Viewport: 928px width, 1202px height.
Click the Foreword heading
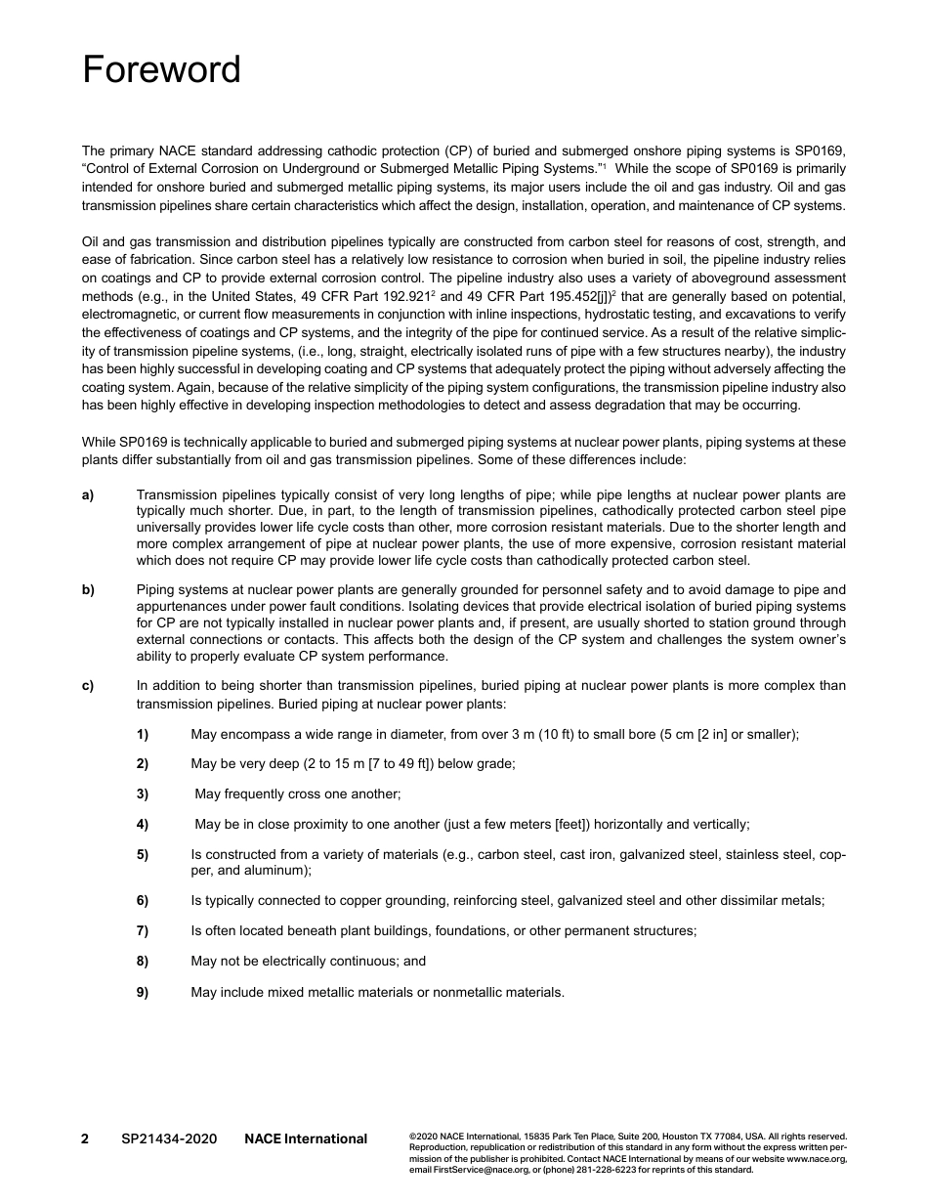pyautogui.click(x=161, y=70)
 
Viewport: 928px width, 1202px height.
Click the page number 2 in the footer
pyautogui.click(x=85, y=1138)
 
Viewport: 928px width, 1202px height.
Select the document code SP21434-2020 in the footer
pyautogui.click(x=169, y=1138)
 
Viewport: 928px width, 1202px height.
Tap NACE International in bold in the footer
pyautogui.click(x=306, y=1138)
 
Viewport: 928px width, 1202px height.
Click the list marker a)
pyautogui.click(x=88, y=495)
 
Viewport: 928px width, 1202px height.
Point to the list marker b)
pyautogui.click(x=88, y=589)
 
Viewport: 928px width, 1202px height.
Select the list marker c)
pyautogui.click(x=88, y=685)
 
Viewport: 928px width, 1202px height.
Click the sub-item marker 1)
pyautogui.click(x=143, y=734)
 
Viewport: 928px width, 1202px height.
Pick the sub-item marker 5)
pyautogui.click(x=143, y=854)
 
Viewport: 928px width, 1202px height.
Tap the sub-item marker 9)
pyautogui.click(x=143, y=992)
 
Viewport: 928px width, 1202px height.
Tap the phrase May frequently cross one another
pyautogui.click(x=298, y=794)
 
